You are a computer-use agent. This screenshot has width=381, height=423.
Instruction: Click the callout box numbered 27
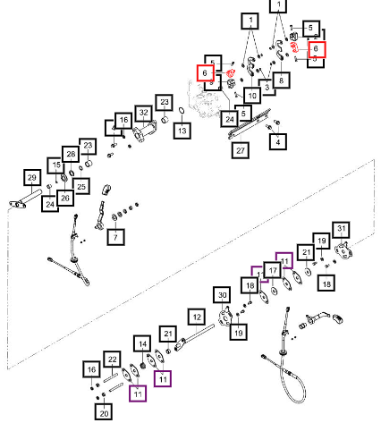241,150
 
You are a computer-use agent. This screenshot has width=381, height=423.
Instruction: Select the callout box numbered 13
182,131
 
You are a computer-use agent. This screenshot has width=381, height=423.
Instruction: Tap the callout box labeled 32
144,113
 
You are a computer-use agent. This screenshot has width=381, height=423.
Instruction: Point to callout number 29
32,178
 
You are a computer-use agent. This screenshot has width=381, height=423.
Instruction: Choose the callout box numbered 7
115,237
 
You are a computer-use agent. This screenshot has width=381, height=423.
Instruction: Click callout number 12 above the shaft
197,317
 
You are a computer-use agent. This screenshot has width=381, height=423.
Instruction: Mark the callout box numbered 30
223,295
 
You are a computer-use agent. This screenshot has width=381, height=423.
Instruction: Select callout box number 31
342,229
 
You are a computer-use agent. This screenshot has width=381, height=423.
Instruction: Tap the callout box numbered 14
142,344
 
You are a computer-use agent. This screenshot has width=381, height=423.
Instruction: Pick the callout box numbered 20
104,412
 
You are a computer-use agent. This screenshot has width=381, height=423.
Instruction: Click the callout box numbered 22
112,360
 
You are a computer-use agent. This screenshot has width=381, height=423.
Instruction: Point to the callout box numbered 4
278,142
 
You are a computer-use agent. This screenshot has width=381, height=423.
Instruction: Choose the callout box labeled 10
252,96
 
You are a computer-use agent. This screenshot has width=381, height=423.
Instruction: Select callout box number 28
71,154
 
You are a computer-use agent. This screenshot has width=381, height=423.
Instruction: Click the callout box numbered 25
81,187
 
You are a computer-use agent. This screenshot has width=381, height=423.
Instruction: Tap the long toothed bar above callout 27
250,123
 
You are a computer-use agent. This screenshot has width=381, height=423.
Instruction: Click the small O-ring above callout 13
182,111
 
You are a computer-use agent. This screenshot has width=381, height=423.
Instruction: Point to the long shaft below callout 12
195,337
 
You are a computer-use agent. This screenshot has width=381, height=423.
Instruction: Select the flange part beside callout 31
343,252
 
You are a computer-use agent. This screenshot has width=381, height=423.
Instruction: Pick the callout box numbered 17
273,271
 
